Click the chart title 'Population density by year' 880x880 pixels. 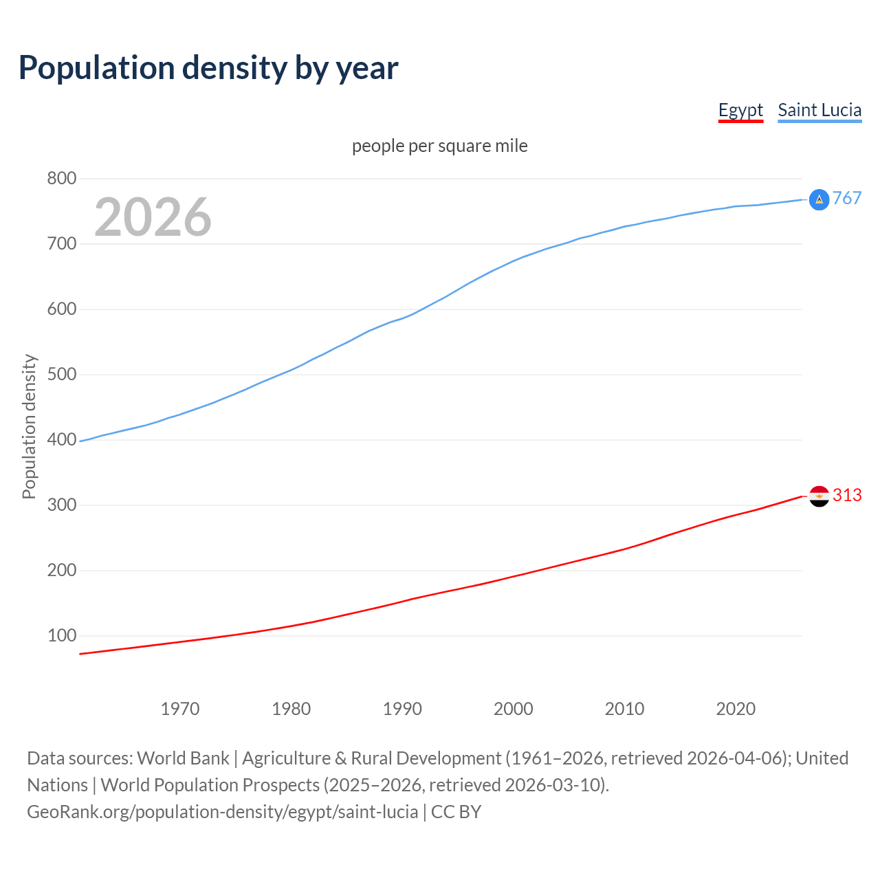click(208, 67)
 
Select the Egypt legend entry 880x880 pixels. click(740, 110)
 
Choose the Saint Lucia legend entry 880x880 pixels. click(819, 110)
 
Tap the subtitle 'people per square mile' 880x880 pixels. click(440, 146)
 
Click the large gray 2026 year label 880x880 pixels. click(153, 217)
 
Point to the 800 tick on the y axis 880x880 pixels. click(61, 179)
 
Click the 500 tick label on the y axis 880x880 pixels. click(61, 375)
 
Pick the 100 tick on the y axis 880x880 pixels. click(61, 636)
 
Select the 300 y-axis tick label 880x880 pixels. click(61, 505)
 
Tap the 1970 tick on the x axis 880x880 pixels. click(180, 709)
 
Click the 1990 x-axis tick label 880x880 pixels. click(402, 709)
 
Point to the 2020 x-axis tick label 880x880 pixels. click(736, 709)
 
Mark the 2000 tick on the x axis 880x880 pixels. click(514, 709)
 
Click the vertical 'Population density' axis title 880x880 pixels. click(29, 426)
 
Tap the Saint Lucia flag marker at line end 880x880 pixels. click(819, 199)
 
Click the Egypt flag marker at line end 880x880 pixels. click(819, 496)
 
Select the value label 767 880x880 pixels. click(847, 199)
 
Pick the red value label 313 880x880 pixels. click(847, 496)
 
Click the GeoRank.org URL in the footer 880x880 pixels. click(222, 812)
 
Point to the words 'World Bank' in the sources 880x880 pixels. click(183, 758)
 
